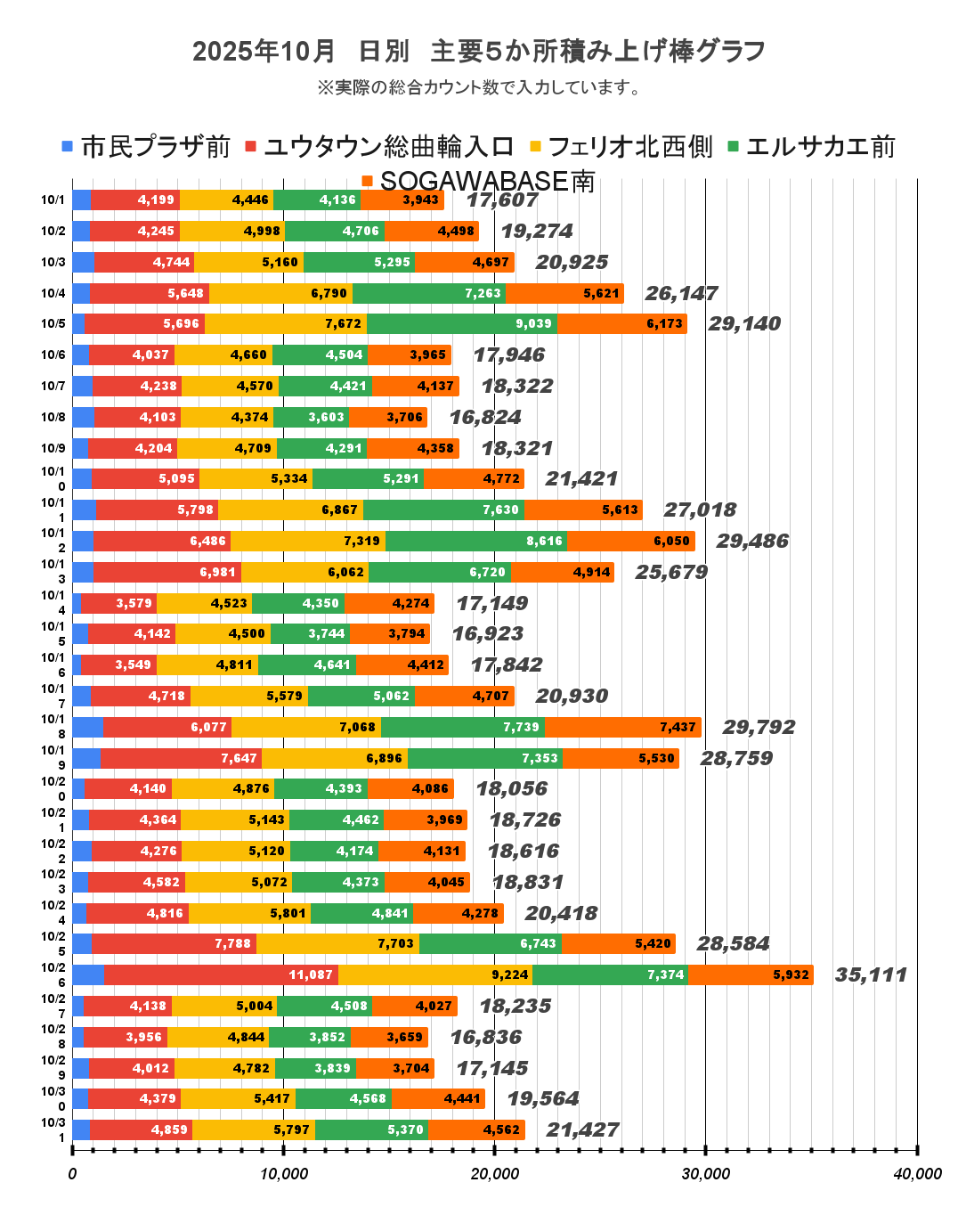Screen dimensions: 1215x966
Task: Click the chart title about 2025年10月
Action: [x=479, y=52]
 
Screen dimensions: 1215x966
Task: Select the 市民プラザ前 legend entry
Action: [x=147, y=147]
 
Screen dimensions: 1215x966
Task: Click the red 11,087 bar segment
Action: [x=221, y=974]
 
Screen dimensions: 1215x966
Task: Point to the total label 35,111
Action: [x=871, y=974]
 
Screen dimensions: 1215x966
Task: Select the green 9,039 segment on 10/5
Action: [x=461, y=323]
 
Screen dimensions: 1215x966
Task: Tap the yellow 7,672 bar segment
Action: [x=285, y=323]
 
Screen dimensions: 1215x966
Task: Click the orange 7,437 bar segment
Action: [x=622, y=727]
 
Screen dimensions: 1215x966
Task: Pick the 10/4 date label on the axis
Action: [x=53, y=293]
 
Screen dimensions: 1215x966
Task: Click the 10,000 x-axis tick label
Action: [x=284, y=1174]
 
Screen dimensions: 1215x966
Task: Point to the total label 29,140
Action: [x=744, y=323]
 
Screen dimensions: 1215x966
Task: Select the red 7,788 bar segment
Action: [x=174, y=943]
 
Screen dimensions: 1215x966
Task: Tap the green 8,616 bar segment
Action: [x=476, y=541]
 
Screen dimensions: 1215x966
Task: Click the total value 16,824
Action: [x=485, y=417]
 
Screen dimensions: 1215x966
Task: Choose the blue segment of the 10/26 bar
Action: [x=88, y=974]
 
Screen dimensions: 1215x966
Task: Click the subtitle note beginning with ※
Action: [x=479, y=87]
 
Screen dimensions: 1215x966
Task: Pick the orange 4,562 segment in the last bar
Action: [x=476, y=1129]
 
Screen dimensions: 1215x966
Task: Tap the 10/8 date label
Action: [x=53, y=417]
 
